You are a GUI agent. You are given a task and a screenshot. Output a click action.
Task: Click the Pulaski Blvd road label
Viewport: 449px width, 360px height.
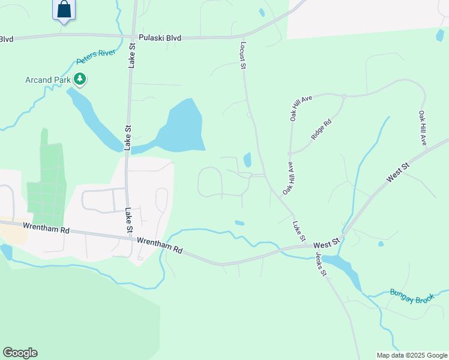point(159,37)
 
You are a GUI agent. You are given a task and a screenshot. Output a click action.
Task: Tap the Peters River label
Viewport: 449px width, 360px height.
point(95,56)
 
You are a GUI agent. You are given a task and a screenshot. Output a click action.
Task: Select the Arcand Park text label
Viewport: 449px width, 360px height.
point(47,80)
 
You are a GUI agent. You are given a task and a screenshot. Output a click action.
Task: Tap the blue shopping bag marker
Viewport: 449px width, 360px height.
point(64,10)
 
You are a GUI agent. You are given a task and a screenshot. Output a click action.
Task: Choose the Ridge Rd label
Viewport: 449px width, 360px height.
point(322,130)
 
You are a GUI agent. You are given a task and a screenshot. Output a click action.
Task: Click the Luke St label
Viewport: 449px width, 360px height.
point(298,231)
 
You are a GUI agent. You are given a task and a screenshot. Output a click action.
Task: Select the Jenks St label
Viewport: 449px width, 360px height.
point(321,264)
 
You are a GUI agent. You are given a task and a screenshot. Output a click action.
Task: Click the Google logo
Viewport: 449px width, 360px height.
point(20,353)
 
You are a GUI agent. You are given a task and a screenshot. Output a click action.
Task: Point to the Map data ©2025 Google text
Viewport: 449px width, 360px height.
point(412,355)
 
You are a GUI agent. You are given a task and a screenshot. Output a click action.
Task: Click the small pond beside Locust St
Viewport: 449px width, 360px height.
point(247,160)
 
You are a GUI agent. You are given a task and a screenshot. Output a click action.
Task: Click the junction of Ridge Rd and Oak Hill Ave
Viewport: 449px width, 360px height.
point(344,96)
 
